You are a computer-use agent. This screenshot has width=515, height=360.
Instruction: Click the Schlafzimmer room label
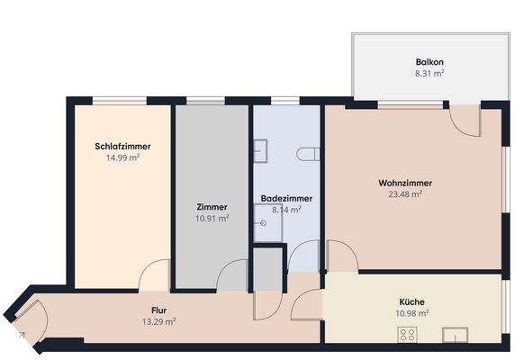click(x=122, y=147)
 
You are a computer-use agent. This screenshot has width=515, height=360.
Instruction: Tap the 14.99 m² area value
click(x=122, y=157)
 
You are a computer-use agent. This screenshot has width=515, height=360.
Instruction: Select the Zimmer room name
click(x=212, y=207)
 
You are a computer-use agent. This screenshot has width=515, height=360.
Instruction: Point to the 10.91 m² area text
click(x=212, y=218)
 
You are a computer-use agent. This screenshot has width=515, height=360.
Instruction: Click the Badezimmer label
click(x=285, y=199)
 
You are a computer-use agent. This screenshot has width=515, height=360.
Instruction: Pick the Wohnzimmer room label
click(x=401, y=183)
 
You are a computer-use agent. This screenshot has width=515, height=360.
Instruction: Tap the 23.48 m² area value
click(x=405, y=193)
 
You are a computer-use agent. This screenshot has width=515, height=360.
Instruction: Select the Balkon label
click(x=429, y=63)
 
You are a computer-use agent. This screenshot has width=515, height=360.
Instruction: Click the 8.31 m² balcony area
click(x=429, y=74)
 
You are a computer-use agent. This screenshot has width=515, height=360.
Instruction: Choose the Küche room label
click(x=412, y=302)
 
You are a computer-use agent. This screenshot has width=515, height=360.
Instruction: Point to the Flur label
click(x=158, y=310)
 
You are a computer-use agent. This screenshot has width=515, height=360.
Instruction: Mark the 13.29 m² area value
click(x=158, y=321)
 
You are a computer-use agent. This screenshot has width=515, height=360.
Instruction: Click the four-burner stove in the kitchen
click(x=408, y=334)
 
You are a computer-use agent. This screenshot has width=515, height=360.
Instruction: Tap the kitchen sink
click(x=456, y=335)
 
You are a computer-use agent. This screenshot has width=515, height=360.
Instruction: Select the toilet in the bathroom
click(x=311, y=151)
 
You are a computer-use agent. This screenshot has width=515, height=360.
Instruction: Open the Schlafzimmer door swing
click(x=155, y=275)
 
